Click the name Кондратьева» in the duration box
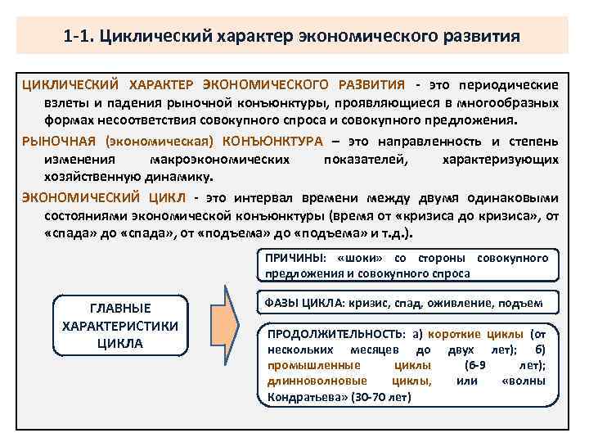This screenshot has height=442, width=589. tap(303, 397)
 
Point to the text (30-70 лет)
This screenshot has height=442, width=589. tap(380, 397)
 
